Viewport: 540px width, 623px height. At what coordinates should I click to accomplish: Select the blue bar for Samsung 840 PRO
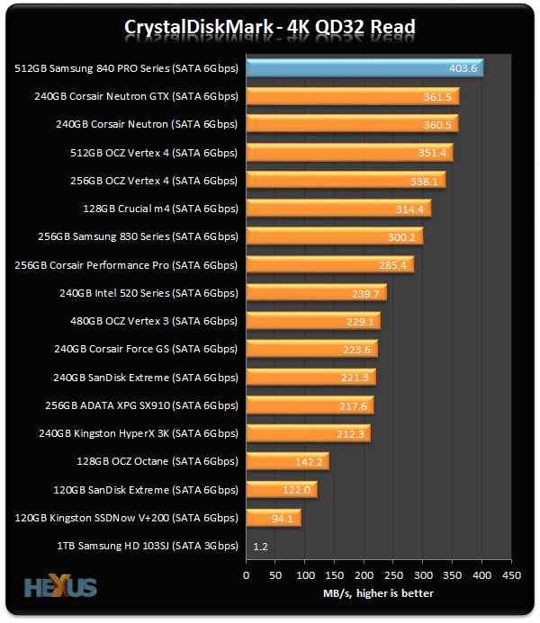[x=364, y=68]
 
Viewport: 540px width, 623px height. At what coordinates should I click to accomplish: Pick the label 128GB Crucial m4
[x=160, y=209]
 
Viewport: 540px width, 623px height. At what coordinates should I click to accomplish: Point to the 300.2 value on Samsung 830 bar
[x=401, y=237]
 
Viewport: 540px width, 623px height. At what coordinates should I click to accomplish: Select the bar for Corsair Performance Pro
[x=329, y=265]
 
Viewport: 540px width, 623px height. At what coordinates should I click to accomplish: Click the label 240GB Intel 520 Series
[x=150, y=293]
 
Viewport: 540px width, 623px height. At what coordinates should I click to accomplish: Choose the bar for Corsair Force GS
[x=311, y=349]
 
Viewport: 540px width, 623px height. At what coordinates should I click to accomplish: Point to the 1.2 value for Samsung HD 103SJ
[x=259, y=546]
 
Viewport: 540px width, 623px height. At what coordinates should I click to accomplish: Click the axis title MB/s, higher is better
[x=378, y=593]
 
